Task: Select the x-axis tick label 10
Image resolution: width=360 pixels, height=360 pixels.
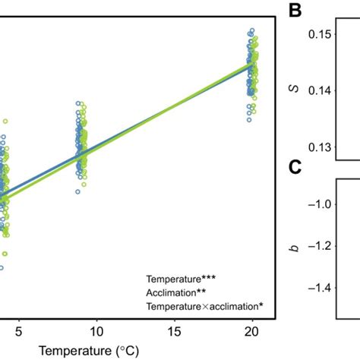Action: [96, 332]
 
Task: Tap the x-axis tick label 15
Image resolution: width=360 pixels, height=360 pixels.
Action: [175, 332]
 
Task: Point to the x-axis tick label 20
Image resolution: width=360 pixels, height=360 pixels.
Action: [252, 332]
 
